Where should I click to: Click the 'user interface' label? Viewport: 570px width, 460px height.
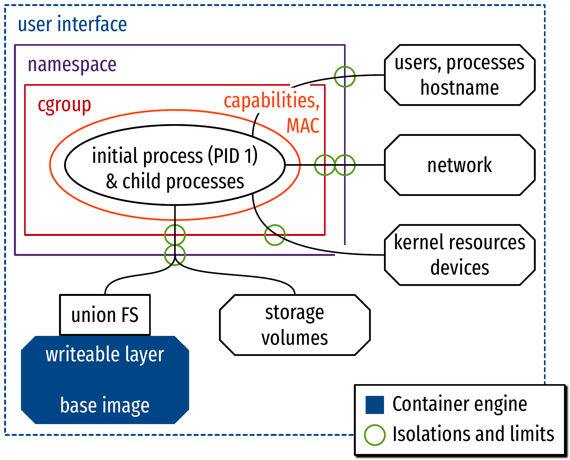(72, 24)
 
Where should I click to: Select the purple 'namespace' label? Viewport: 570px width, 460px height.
(72, 64)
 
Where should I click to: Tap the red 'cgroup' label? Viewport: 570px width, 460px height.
(64, 104)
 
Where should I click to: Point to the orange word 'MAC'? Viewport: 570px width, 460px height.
(303, 125)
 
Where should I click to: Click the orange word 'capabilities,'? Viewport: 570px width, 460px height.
(272, 101)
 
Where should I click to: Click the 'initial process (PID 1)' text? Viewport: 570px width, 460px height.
(175, 156)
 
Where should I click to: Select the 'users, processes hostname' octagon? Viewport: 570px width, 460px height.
(460, 75)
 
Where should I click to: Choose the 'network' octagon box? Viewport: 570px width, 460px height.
(460, 165)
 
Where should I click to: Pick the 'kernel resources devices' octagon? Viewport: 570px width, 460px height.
(460, 255)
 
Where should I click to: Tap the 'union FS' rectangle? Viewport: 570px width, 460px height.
(105, 315)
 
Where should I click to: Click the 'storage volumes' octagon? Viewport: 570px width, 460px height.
(295, 325)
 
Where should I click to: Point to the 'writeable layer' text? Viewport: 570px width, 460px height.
(105, 354)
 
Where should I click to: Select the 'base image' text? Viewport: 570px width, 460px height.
(105, 405)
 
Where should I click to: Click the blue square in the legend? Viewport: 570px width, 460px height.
(374, 405)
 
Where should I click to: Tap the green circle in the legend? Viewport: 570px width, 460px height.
(374, 435)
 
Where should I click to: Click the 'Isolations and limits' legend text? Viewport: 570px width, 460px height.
(473, 434)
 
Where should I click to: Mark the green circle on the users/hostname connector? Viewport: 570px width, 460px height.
(345, 77)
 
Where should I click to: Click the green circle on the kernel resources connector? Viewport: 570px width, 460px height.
(275, 235)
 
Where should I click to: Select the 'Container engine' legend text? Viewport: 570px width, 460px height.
(460, 404)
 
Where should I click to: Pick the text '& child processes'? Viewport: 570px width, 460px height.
(175, 181)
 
